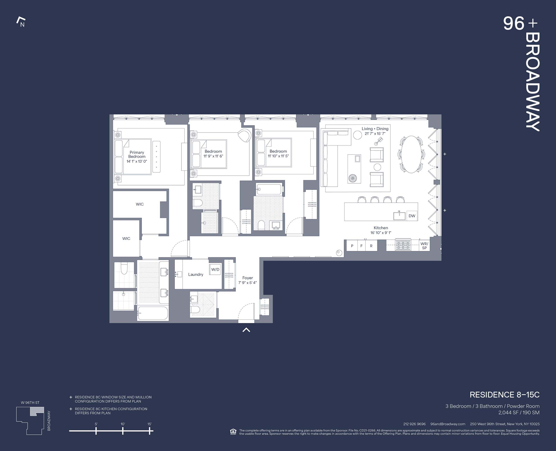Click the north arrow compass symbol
click(21, 22)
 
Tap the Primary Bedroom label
click(137, 154)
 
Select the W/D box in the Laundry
click(215, 269)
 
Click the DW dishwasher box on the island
click(412, 216)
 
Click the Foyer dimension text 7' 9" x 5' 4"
click(247, 283)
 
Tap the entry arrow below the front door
click(246, 330)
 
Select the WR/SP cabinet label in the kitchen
click(424, 246)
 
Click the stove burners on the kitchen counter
click(403, 245)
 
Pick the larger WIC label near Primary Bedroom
click(140, 204)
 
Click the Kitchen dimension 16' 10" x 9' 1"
click(381, 233)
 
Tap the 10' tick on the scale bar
click(123, 431)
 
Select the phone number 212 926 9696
click(414, 424)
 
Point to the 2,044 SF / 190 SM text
click(519, 413)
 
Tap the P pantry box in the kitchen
click(352, 246)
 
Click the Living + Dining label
click(375, 129)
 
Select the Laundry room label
click(196, 274)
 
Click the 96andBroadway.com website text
click(448, 424)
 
